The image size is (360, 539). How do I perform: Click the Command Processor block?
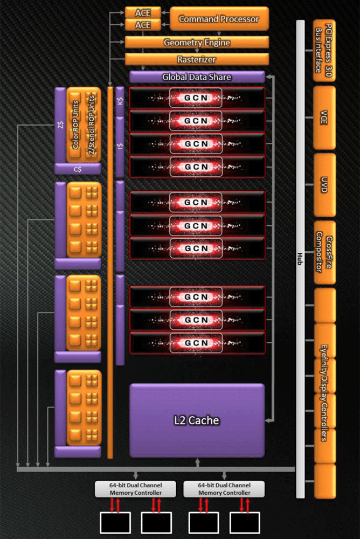click(219, 19)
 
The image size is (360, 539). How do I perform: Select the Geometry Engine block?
click(197, 43)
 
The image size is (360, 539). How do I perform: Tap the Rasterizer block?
click(197, 59)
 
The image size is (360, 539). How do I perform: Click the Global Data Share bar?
click(197, 77)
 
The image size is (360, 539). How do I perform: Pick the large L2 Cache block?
click(197, 420)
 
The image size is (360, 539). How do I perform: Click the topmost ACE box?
click(143, 12)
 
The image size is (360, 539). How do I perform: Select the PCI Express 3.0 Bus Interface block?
click(324, 50)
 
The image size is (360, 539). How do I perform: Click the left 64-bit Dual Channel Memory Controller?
click(135, 489)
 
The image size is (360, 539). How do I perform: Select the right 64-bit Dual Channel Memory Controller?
click(224, 489)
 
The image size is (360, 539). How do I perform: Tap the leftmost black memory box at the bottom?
click(115, 522)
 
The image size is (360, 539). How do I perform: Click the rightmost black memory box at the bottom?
click(245, 522)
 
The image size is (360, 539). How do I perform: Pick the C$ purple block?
click(78, 169)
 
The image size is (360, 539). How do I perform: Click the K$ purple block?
click(120, 101)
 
